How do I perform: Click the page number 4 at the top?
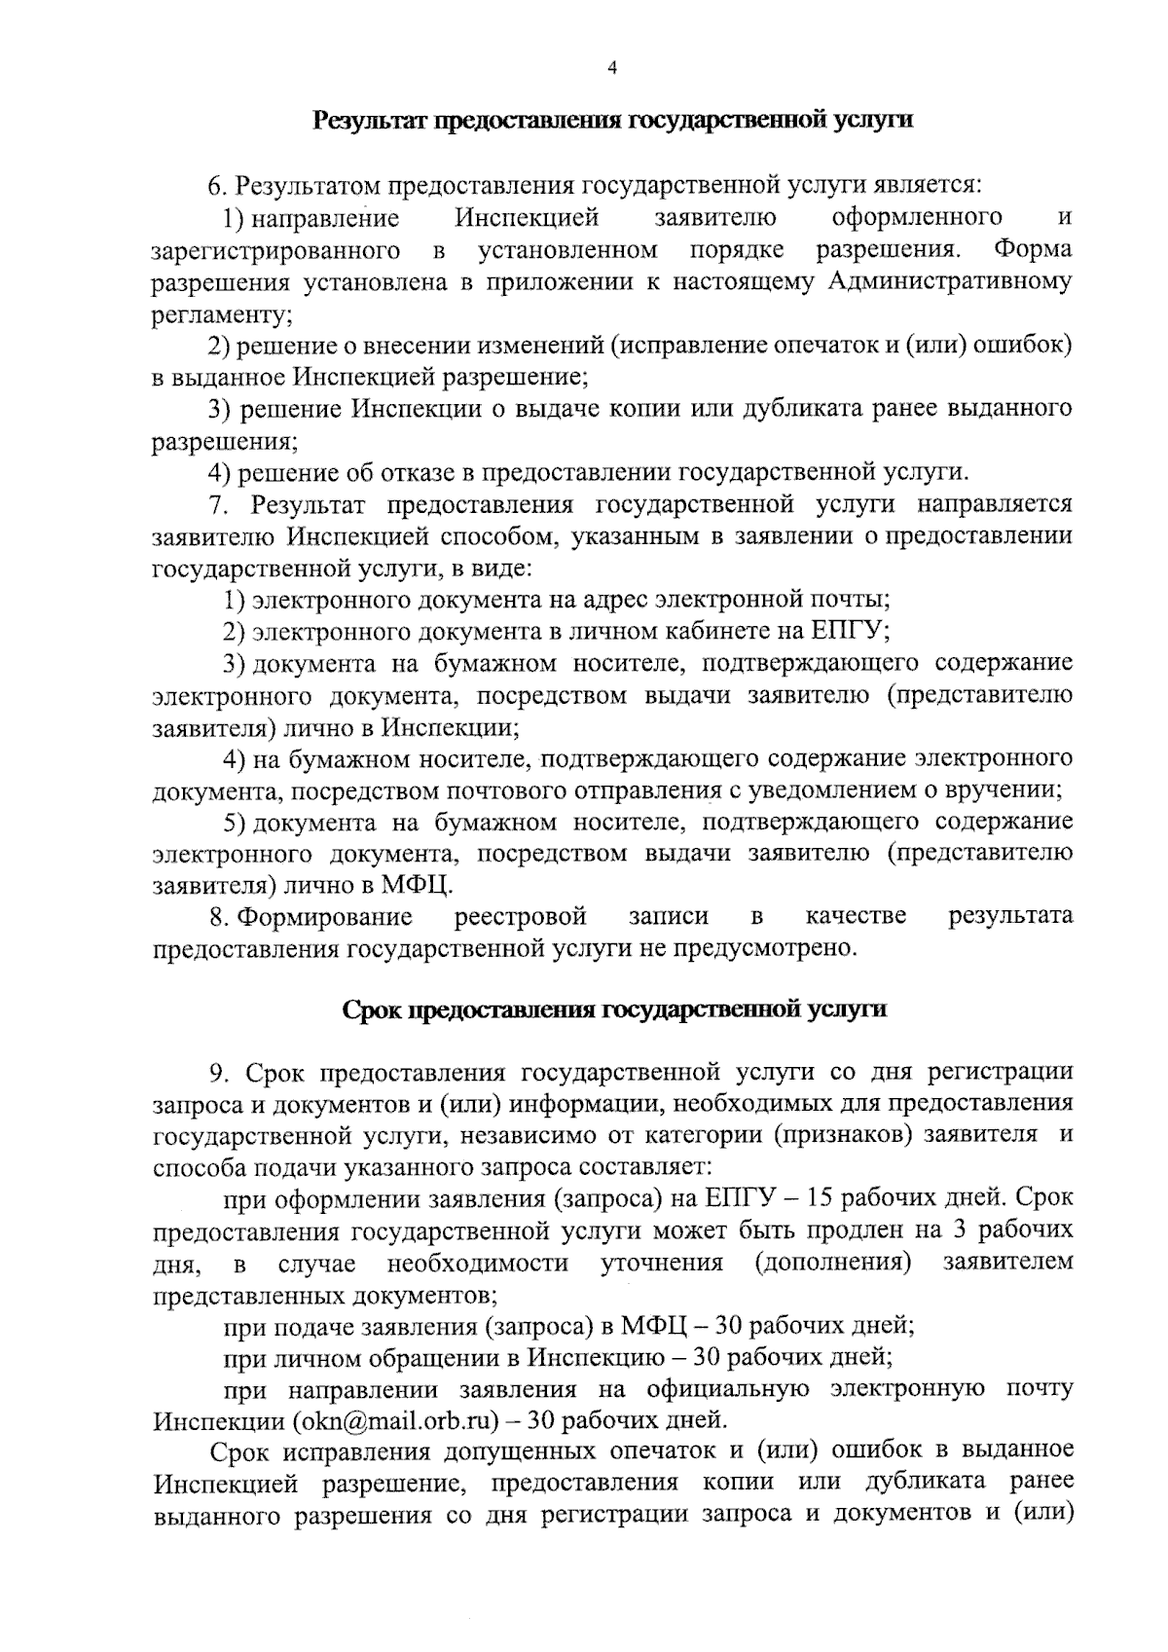pos(611,67)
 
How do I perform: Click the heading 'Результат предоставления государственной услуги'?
pos(612,121)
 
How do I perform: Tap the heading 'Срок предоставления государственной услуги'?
pos(614,1010)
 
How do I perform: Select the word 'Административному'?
pos(951,282)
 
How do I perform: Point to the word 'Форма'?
pos(1033,250)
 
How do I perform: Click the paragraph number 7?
pos(216,504)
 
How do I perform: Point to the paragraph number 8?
pos(218,916)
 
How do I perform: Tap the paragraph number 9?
pos(220,1073)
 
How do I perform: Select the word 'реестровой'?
pos(522,916)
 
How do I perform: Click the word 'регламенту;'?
pos(223,314)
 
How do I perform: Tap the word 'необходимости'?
pos(478,1264)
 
